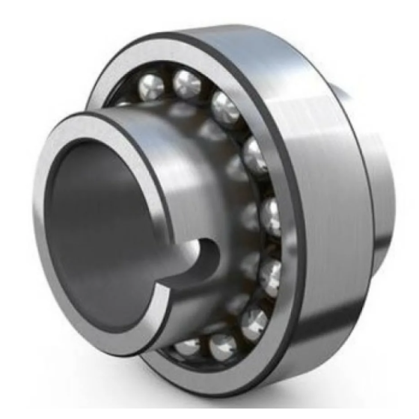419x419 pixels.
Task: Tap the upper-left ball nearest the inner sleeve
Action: pyautogui.click(x=150, y=89)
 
